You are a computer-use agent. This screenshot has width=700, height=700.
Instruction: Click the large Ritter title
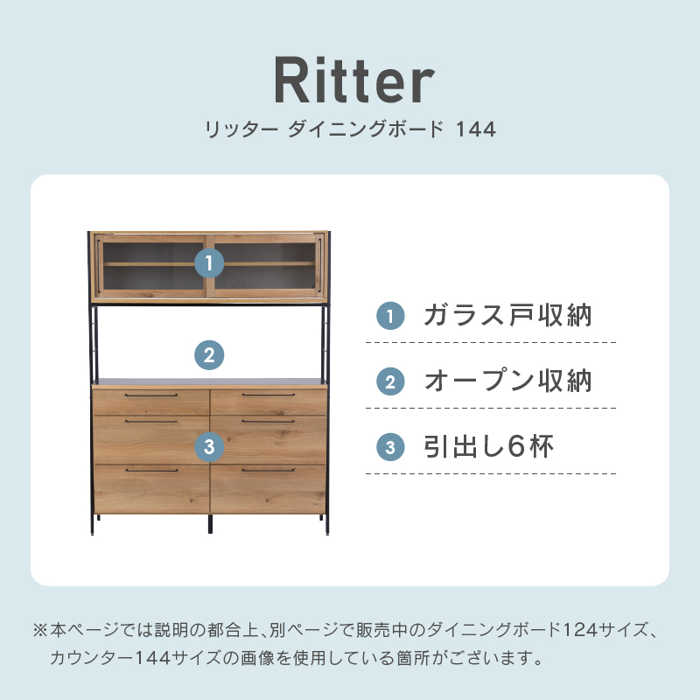(354, 80)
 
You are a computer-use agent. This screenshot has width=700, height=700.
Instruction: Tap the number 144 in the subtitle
(476, 129)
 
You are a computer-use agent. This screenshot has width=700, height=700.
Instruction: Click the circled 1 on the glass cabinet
(209, 263)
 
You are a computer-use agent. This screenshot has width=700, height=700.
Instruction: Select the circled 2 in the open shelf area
(209, 355)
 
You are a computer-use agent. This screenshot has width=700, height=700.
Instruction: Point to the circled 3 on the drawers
(209, 447)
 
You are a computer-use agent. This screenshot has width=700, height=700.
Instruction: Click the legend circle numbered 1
(390, 316)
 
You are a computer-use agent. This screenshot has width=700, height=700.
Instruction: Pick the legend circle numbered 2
(390, 381)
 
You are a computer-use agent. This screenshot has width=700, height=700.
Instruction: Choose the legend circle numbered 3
(390, 447)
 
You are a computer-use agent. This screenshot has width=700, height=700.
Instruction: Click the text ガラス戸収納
(507, 315)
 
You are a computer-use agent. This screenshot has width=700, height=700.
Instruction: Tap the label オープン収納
(507, 381)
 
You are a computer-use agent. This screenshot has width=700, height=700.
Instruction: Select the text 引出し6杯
(488, 446)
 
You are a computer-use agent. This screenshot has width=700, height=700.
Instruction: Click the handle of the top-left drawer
(151, 395)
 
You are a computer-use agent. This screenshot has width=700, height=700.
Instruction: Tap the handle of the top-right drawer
(269, 395)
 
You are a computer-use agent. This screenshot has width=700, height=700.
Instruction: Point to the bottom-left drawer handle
(151, 470)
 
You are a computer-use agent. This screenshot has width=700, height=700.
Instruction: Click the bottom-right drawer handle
(269, 470)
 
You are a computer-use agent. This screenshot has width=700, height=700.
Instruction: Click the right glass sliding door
(266, 266)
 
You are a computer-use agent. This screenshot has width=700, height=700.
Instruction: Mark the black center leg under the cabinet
(210, 523)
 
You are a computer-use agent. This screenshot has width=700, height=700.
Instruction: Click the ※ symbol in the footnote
(40, 630)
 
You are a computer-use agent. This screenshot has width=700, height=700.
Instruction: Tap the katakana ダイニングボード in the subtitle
(366, 129)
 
